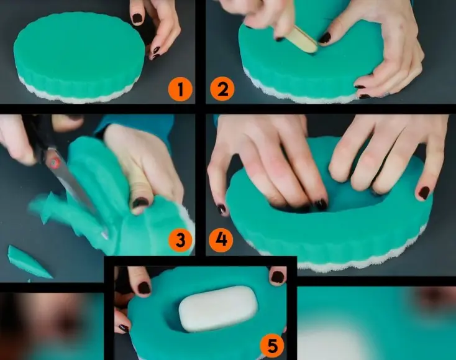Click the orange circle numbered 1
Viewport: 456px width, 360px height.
180,90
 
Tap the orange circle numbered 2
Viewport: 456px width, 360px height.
222,89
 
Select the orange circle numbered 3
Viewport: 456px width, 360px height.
180,240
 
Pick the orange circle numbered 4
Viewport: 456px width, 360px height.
221,240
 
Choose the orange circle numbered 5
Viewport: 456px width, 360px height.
272,346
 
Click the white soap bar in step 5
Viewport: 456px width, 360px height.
218,309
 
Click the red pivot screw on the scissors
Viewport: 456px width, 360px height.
54,162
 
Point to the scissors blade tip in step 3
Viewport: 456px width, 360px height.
106,237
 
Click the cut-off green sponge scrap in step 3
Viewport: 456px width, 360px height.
29,262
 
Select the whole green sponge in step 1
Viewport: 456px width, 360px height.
79,57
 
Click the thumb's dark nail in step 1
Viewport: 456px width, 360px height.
137,18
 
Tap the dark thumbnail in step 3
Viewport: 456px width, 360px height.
140,203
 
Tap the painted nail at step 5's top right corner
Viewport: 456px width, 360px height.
278,277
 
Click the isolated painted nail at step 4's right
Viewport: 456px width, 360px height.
424,193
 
